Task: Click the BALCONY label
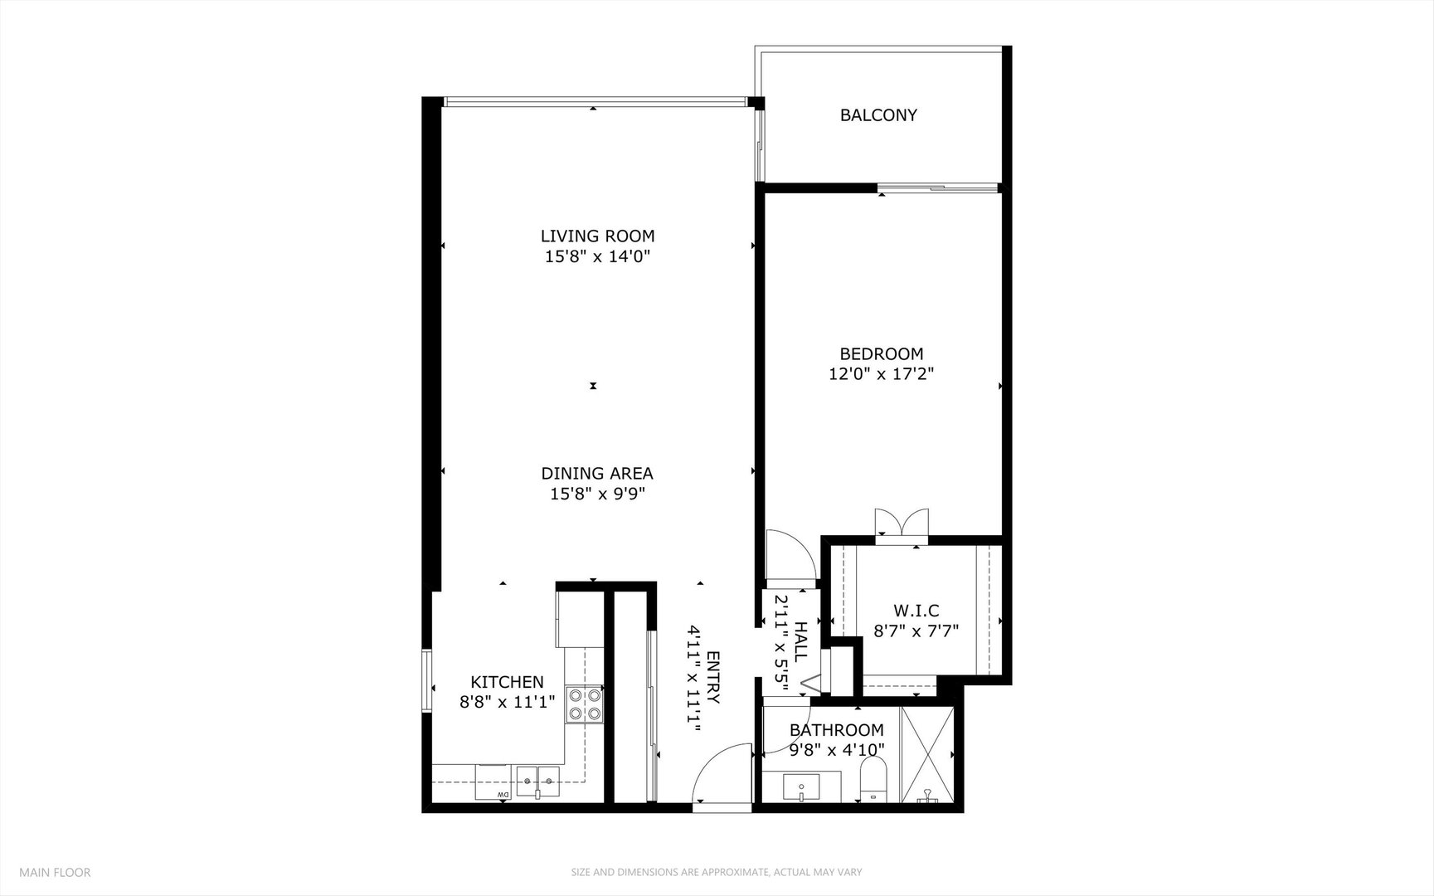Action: pos(878,115)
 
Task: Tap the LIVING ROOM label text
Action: pos(597,236)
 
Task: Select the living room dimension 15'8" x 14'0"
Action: pos(597,257)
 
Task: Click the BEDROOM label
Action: pos(881,353)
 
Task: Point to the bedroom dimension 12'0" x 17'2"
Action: pos(881,374)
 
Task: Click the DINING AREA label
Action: pos(597,474)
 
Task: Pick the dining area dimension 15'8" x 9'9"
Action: pos(597,494)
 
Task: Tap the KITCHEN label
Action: pos(507,682)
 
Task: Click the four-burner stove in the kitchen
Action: pos(584,704)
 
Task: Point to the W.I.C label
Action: pos(916,611)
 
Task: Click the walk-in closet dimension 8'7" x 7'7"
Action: pos(916,631)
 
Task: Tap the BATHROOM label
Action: pos(836,731)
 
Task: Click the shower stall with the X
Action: pos(927,755)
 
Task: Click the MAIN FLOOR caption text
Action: pos(55,872)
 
